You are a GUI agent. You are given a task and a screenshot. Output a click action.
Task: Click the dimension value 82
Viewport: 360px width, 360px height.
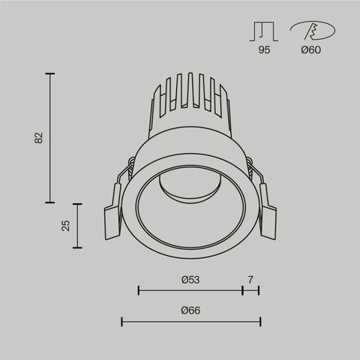click(x=39, y=138)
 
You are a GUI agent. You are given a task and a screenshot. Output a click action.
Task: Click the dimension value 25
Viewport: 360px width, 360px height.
click(x=65, y=225)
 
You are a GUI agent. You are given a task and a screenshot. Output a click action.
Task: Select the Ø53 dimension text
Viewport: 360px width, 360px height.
click(x=190, y=279)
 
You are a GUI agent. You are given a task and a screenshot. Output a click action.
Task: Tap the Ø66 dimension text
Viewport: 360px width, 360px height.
click(x=190, y=310)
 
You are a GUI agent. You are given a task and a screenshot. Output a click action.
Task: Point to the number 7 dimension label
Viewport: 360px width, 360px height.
click(x=250, y=279)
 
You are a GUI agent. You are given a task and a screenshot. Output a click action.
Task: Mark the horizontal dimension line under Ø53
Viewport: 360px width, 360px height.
click(x=190, y=289)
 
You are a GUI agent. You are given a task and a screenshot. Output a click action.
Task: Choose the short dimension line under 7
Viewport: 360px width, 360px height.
click(x=250, y=289)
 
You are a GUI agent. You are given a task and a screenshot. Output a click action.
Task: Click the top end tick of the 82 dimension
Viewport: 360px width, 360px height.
click(x=51, y=73)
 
